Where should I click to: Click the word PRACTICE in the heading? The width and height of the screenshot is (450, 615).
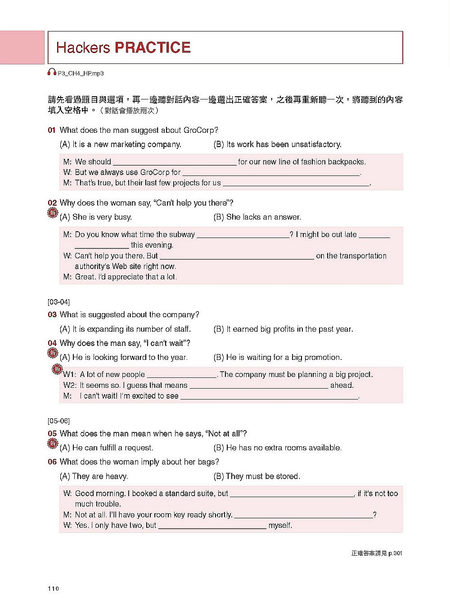153,48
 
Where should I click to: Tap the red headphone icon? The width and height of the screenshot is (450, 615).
52,72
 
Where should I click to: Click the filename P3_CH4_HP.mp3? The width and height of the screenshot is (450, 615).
81,73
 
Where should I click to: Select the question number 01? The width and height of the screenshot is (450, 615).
52,130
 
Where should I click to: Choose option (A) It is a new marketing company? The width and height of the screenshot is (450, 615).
120,144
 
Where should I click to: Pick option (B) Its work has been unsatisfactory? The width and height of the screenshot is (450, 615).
277,144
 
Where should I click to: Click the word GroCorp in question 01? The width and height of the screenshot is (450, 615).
198,130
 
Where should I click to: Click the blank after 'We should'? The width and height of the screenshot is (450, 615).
175,162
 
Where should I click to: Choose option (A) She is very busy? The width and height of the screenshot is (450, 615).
96,217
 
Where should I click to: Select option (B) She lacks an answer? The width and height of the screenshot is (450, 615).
257,217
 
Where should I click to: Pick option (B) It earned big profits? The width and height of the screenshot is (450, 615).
283,329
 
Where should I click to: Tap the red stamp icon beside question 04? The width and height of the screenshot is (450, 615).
53,353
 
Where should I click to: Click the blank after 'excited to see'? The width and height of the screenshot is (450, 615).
269,397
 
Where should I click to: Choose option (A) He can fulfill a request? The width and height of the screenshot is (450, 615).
106,448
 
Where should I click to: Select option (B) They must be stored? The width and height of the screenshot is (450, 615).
256,476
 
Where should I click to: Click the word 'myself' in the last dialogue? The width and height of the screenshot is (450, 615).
280,525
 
